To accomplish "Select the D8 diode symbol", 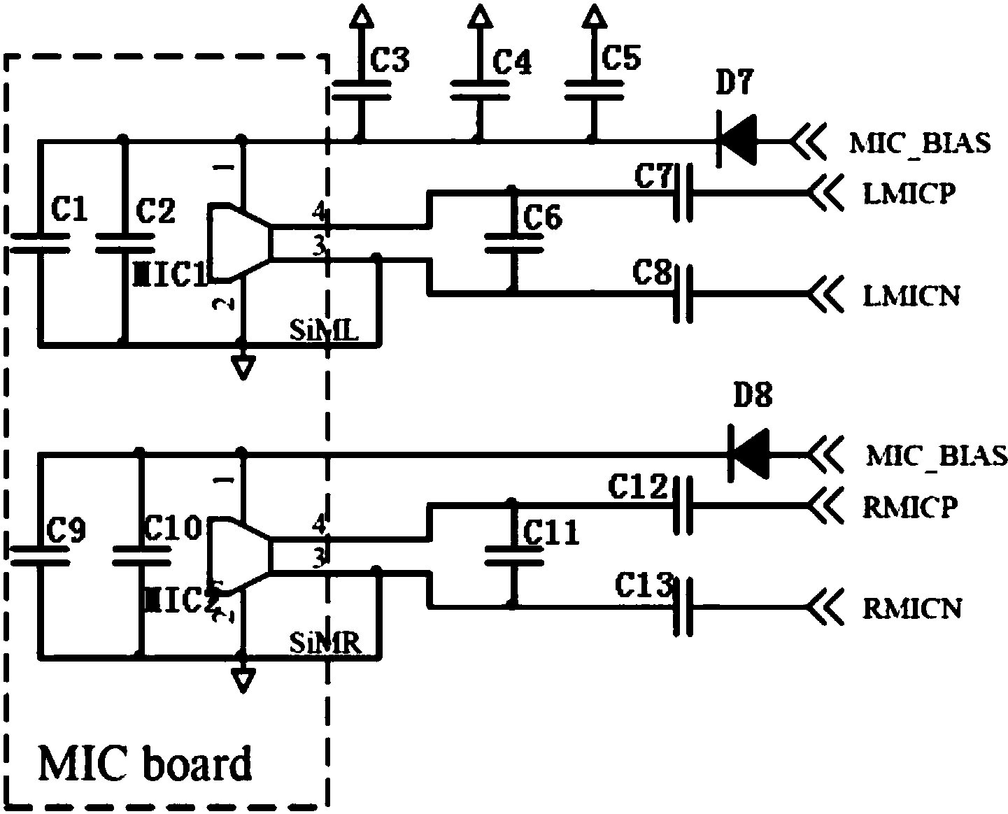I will tap(750, 455).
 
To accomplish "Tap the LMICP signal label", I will tap(909, 194).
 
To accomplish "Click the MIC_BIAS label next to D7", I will tap(920, 143).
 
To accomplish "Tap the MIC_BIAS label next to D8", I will tap(937, 455).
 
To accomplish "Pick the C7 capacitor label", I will tap(653, 176).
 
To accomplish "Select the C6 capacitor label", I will tap(543, 220).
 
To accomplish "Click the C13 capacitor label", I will tap(643, 586).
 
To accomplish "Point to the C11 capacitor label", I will tap(551, 534).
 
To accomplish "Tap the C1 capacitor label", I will tap(70, 209).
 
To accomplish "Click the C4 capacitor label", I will tap(512, 62).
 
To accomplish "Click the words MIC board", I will tap(145, 764).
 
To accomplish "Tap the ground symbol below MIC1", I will tap(243, 366).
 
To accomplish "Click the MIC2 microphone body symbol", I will tap(238, 557).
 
